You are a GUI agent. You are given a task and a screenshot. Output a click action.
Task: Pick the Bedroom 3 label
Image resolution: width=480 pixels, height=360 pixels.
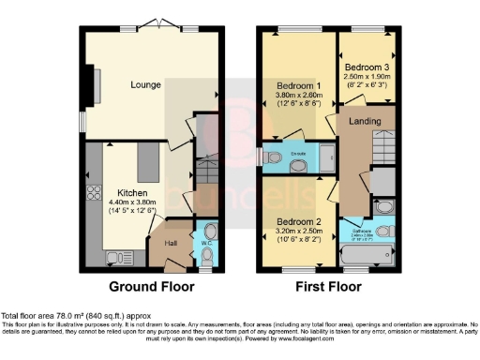coord(366,68)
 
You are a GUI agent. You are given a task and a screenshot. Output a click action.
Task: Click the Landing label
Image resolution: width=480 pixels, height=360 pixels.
coord(364,122)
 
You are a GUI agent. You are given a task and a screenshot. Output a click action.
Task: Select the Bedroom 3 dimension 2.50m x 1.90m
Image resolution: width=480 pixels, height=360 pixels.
coord(366,80)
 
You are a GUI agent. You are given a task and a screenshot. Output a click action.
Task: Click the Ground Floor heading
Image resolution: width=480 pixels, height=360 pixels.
coord(146,286)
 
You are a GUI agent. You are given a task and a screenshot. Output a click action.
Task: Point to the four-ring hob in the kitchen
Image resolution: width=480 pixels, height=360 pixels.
coord(94,196)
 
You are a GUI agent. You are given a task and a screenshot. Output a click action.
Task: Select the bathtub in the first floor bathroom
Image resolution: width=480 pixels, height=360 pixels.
coord(363,253)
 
